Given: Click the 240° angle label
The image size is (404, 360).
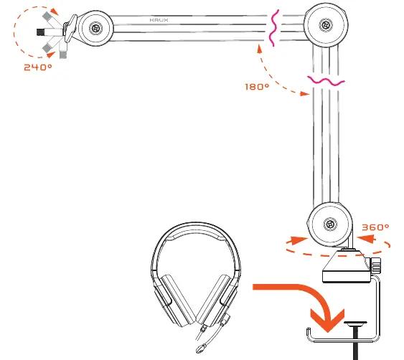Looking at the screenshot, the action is point(38,67).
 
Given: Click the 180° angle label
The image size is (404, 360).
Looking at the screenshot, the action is point(257,87).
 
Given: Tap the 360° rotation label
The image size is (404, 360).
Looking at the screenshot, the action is point(375,227).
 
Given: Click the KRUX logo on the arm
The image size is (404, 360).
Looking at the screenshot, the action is point(159,20).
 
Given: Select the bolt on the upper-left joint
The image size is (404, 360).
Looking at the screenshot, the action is point(96,28).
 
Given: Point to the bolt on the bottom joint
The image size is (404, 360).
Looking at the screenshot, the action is point(330,224).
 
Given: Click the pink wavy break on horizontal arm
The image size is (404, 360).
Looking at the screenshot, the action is point(273,28).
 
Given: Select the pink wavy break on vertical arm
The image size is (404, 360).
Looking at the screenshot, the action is point(326,81).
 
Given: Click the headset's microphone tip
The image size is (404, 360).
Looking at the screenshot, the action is point(201,349).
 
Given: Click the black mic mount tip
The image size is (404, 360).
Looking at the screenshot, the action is point(40,32).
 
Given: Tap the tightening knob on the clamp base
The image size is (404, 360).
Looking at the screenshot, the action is point(375,265).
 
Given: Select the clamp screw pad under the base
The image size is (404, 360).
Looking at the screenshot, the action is point(355,323).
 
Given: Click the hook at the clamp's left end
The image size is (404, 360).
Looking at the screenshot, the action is point(309,333).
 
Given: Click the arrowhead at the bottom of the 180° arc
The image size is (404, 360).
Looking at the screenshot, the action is point(306,93).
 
